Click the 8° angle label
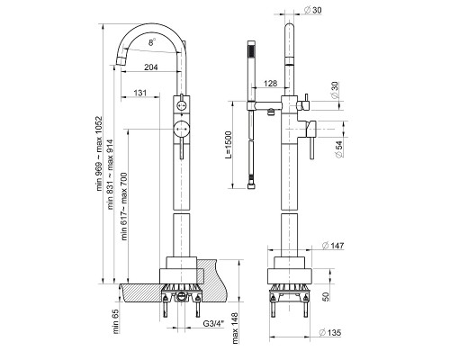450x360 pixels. pos(152,42)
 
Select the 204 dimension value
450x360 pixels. pos(151,67)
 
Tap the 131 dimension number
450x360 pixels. pos(140,93)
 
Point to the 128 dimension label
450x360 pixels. pos(271,83)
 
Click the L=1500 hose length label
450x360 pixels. pos(229,145)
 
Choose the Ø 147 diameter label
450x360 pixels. pos(333,246)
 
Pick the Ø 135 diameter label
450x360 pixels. pos(330,332)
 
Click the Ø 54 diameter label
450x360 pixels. pos(338,149)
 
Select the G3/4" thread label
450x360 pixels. pos(213,324)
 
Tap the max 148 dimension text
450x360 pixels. pos(235,328)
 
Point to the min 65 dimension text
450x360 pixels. pos(116,321)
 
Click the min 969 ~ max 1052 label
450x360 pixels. pos(99,154)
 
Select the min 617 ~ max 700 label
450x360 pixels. pos(124,206)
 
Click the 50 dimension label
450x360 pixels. pos(326,296)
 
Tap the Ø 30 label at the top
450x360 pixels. pos(312,10)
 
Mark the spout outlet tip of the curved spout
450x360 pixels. pos(121,61)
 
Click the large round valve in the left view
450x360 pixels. pos(181,129)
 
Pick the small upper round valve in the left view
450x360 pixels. pos(181,105)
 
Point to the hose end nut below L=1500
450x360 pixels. pos(251,186)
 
